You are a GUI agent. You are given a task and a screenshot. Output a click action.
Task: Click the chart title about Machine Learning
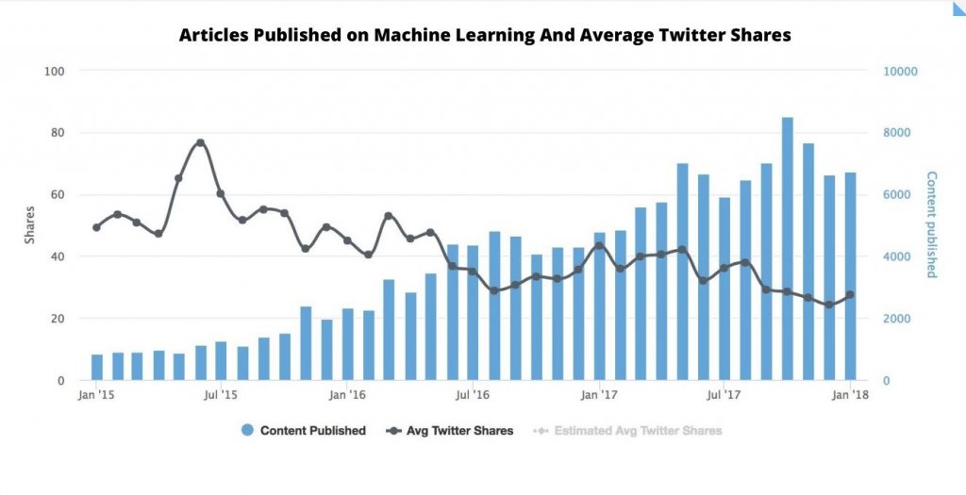[485, 36]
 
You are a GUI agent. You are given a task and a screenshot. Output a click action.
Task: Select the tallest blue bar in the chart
[788, 249]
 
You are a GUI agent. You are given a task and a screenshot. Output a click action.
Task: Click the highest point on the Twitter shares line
[200, 142]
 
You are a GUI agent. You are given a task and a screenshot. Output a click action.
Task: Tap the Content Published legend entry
[304, 431]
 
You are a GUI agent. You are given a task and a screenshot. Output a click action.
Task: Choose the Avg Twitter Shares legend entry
[451, 431]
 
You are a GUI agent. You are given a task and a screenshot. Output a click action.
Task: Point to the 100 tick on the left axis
[54, 72]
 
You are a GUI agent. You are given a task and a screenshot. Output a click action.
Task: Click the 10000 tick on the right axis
[900, 72]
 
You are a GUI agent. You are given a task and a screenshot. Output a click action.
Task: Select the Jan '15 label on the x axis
[96, 395]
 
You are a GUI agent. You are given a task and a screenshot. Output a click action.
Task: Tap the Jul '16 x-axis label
[473, 395]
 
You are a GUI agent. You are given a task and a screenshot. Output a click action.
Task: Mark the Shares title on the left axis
[29, 225]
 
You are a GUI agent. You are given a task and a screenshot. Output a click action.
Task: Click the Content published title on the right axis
[931, 224]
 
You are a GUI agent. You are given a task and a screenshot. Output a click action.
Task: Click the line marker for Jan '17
[599, 245]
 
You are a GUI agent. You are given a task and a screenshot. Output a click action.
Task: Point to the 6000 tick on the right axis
[897, 195]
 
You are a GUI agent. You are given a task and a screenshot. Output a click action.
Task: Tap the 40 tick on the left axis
[57, 256]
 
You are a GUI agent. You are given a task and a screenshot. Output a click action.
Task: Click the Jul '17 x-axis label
[724, 395]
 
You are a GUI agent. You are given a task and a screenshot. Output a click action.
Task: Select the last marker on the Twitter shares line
[850, 294]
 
